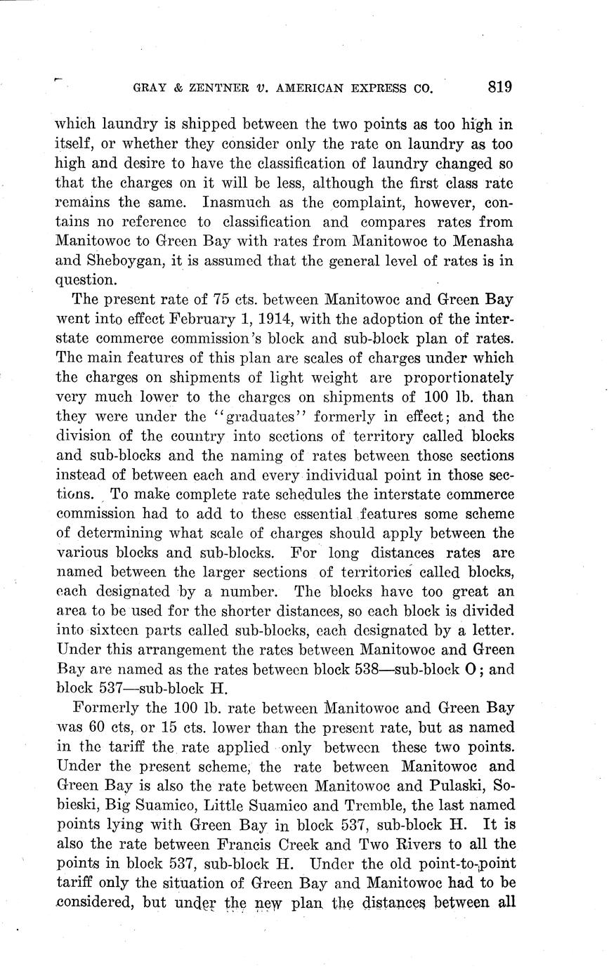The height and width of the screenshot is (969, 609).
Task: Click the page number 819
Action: pos(498,87)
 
